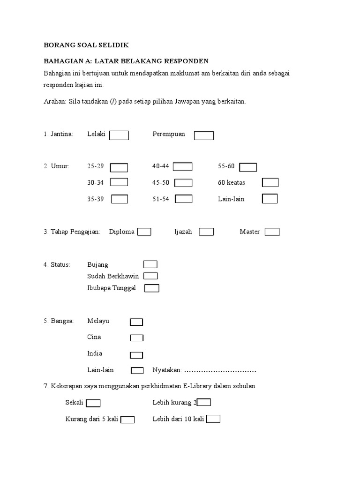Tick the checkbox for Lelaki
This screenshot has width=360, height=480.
point(119,135)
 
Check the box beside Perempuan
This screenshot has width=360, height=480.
point(204,135)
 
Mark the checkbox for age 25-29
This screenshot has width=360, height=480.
point(119,168)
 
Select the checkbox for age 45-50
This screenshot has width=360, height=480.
point(183,183)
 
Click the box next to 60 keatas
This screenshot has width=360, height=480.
point(270,182)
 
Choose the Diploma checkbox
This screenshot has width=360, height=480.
point(144,232)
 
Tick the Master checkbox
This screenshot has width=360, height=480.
point(272,232)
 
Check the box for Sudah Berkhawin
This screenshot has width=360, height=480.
point(150,276)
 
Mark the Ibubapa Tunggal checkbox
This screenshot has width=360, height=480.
point(152,288)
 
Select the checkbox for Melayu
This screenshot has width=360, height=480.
point(136,322)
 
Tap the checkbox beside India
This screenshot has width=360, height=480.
point(136,355)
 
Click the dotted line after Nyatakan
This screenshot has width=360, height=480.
point(220,371)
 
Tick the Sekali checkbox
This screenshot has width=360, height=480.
point(93,403)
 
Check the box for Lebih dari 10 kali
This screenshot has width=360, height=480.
point(213,419)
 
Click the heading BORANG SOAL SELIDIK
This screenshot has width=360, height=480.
point(86,45)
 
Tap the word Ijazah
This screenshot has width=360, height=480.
point(183,232)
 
